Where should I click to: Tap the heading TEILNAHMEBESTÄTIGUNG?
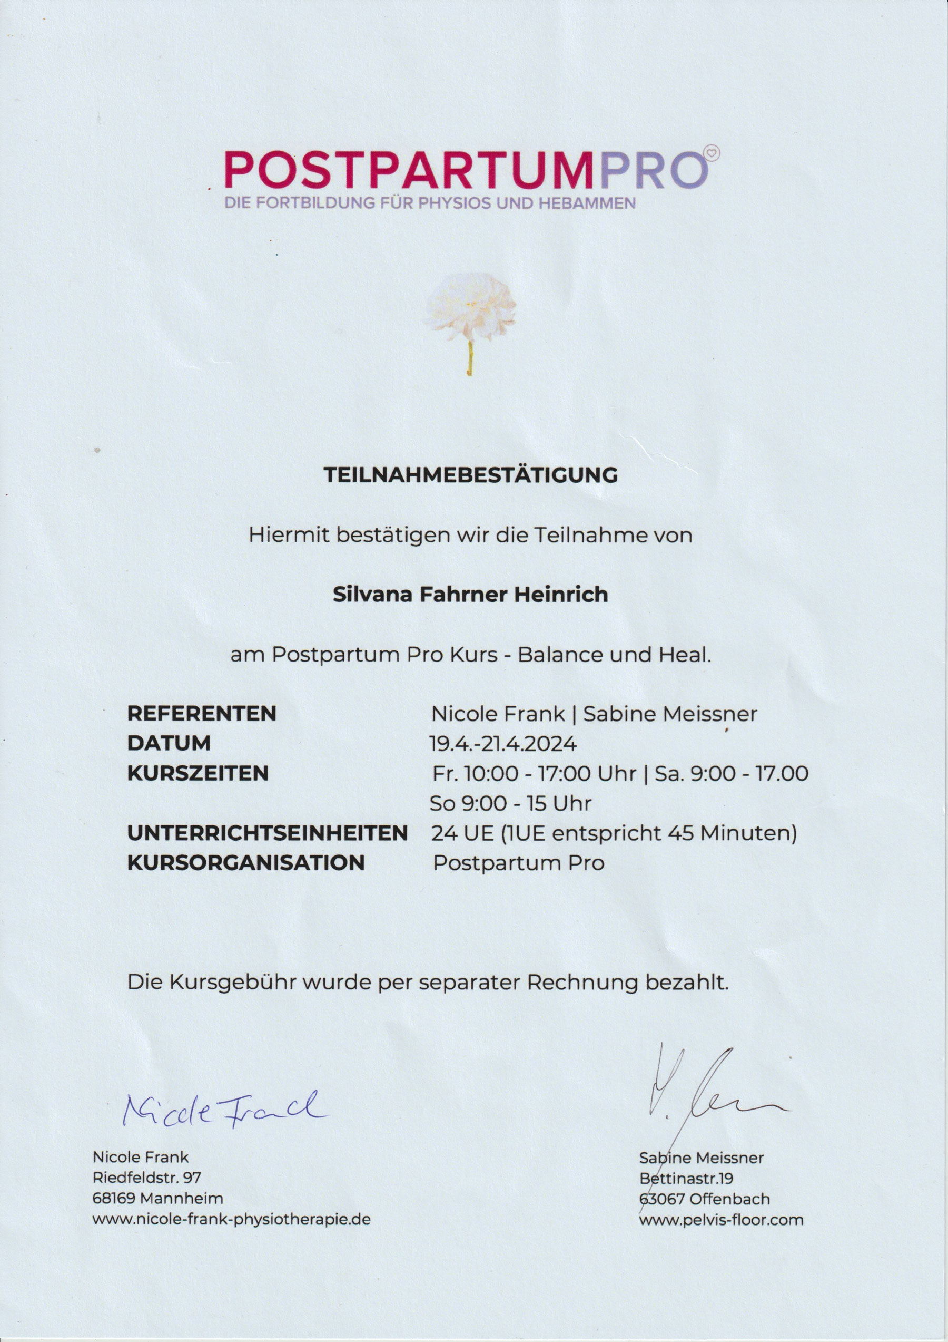point(471,474)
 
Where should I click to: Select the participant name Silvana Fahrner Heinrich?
point(470,595)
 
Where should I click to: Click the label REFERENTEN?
point(202,714)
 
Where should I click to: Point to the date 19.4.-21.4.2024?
point(503,744)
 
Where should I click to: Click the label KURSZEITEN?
point(197,773)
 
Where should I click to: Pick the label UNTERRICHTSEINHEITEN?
point(267,833)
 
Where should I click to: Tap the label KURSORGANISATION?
point(246,863)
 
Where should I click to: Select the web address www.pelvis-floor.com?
point(722,1220)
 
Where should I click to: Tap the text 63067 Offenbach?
point(705,1199)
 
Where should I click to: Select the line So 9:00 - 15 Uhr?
point(510,803)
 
